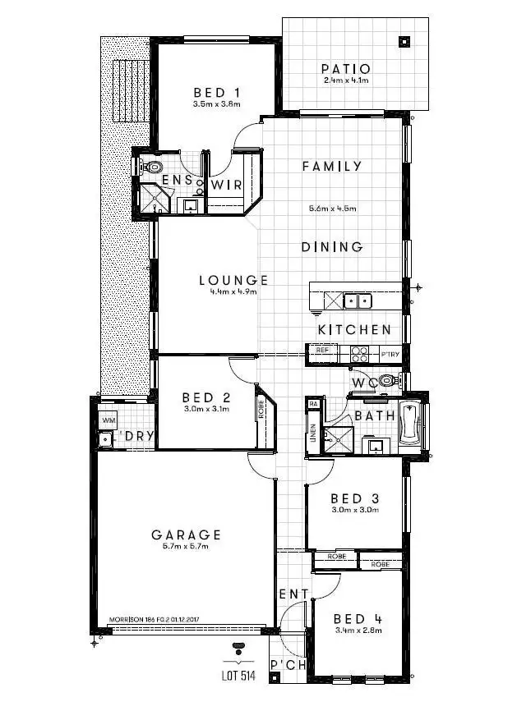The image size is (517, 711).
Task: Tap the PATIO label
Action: [x=345, y=69]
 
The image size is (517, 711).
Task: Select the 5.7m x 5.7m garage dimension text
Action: [x=187, y=547]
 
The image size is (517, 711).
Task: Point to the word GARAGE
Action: [x=187, y=534]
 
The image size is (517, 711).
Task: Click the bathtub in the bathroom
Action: [x=409, y=424]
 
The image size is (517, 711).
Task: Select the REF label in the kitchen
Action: [x=322, y=351]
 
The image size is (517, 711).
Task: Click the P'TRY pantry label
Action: [x=390, y=354]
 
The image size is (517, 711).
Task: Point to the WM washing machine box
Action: [x=108, y=420]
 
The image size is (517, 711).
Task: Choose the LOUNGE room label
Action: [x=233, y=281]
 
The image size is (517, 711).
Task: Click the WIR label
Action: [x=226, y=186]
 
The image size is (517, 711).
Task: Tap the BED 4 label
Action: [x=358, y=618]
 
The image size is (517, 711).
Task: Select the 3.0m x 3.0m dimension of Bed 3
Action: [x=353, y=510]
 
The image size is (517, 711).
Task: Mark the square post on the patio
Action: [x=404, y=41]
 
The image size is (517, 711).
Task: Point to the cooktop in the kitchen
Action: [x=360, y=354]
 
